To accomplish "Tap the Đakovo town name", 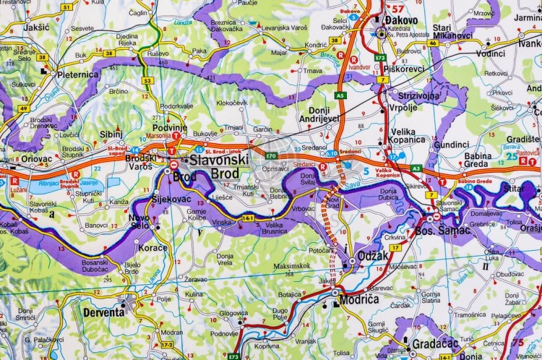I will (405, 20).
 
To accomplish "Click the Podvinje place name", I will (170, 128).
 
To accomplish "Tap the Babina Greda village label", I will (478, 160).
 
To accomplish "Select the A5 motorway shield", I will (340, 95).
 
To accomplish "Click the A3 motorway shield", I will (416, 168).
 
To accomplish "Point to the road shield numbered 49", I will (23, 108).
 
